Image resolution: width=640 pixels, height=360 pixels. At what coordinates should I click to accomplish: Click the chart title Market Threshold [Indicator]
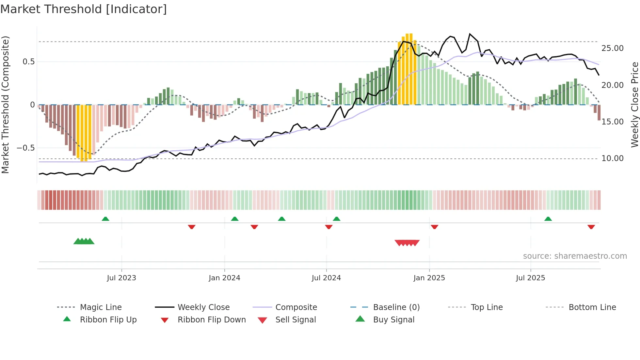pos(84,9)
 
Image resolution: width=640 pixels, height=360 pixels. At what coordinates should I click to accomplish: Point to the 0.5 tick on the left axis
pos(28,62)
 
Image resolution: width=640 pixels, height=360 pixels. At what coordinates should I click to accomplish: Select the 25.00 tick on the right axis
pos(612,48)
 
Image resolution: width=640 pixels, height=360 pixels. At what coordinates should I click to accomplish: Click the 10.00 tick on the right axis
pos(612,158)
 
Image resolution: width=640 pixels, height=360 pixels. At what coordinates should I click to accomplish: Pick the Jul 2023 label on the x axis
pos(121,278)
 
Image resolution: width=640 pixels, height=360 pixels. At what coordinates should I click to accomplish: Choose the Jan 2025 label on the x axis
pos(429,278)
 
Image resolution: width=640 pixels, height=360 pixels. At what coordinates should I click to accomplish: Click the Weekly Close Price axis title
pos(634,105)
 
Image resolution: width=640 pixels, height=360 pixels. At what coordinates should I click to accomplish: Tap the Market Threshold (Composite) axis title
pos(5,105)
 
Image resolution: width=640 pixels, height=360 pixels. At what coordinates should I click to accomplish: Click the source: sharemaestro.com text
pos(575,256)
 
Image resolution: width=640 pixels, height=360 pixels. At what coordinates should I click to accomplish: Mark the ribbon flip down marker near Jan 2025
pos(434,227)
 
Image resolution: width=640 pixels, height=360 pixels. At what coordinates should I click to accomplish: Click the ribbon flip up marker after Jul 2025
pos(548,219)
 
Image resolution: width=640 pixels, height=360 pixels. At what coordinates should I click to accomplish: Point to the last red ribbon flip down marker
pos(591,227)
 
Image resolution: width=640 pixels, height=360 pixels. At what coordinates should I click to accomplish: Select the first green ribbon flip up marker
pos(105,219)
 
